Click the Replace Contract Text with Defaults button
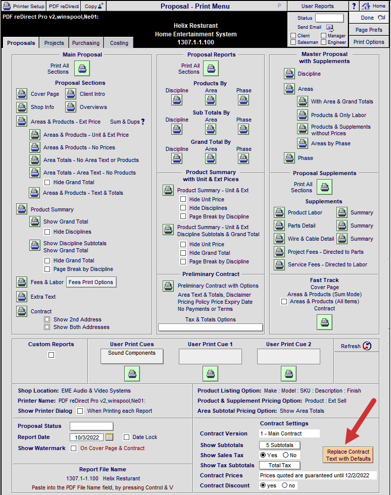348,455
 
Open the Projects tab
54,43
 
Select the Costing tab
119,43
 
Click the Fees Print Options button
91,282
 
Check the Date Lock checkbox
127,437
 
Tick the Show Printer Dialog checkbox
80,411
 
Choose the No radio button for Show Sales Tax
286,455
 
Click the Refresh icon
367,346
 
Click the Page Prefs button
369,30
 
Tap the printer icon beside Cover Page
22,94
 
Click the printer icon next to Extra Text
22,296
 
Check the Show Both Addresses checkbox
47,327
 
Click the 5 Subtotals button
280,445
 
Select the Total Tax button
280,465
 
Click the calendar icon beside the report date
109,437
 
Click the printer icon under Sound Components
132,374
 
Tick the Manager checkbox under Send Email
323,36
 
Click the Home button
374,6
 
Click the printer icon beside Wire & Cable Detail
279,239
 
